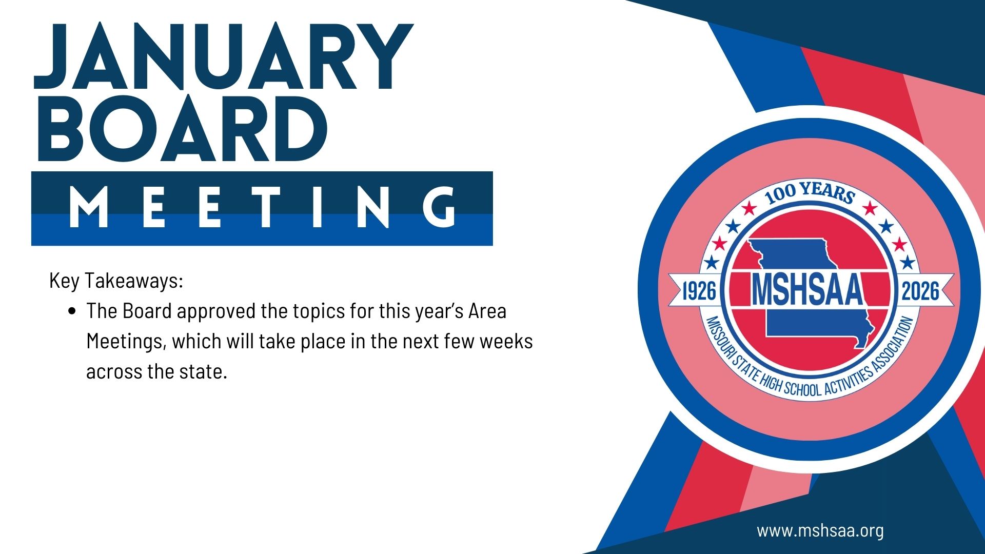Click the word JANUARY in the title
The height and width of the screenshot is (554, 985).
(x=224, y=57)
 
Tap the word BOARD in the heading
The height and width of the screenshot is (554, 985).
(x=183, y=128)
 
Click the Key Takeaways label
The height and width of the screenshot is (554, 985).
(x=116, y=281)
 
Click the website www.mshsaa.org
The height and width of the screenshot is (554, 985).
(x=820, y=530)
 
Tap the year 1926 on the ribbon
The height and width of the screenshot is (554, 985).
(x=699, y=291)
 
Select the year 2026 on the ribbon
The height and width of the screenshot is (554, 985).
(x=920, y=291)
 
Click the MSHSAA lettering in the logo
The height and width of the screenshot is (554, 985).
(x=807, y=290)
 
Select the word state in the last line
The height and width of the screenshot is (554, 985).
(x=203, y=371)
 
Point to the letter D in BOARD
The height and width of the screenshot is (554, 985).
(x=300, y=128)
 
